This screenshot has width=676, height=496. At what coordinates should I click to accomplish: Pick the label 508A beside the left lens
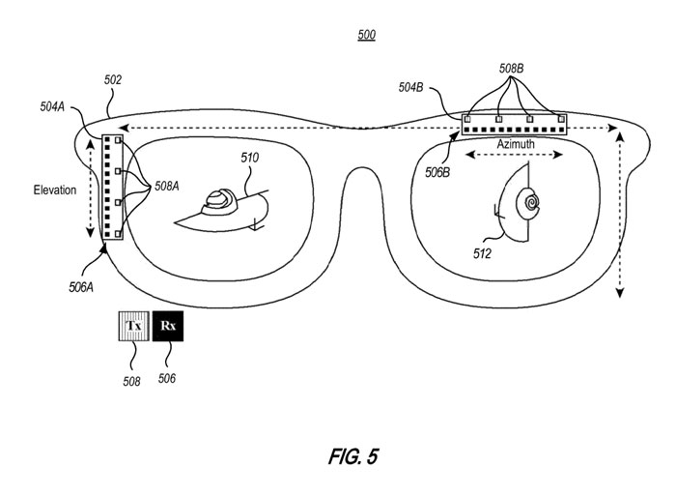(x=165, y=188)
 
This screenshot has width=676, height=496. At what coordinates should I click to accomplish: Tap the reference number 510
(x=250, y=158)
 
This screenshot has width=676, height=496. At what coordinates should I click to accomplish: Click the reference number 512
(x=482, y=255)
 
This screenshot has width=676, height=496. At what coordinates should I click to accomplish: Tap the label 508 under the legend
(x=131, y=382)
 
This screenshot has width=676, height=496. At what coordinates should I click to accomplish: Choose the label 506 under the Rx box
(x=167, y=378)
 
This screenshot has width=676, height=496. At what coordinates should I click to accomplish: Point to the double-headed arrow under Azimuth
(x=501, y=155)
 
